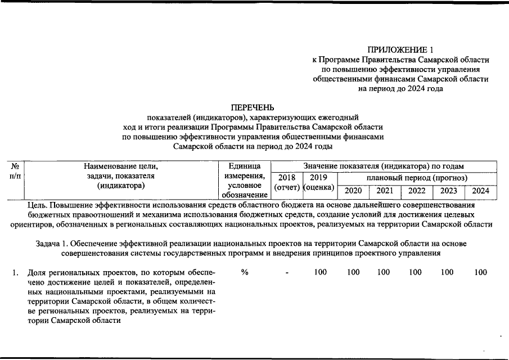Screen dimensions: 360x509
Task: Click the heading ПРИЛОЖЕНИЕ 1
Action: tap(400, 49)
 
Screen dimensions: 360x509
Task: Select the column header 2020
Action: tap(353, 191)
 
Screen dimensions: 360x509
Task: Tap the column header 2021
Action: tap(385, 191)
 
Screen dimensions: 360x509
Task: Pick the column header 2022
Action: tap(417, 191)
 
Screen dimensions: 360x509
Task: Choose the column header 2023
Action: tap(449, 191)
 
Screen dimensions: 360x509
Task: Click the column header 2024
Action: tap(481, 191)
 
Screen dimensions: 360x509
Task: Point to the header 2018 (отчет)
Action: tap(286, 182)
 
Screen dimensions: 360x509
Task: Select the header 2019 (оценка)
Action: tap(318, 182)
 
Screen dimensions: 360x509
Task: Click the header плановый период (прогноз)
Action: tap(417, 177)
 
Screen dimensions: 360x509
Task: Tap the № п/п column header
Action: tap(15, 171)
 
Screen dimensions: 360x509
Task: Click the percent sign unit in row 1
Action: tap(245, 273)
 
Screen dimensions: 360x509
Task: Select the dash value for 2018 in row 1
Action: tap(287, 273)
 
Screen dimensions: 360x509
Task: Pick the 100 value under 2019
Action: tap(321, 273)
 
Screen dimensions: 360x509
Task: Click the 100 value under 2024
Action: tap(481, 273)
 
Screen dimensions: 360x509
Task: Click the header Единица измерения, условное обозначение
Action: tap(245, 180)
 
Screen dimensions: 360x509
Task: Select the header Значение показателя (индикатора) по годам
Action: tap(384, 166)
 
